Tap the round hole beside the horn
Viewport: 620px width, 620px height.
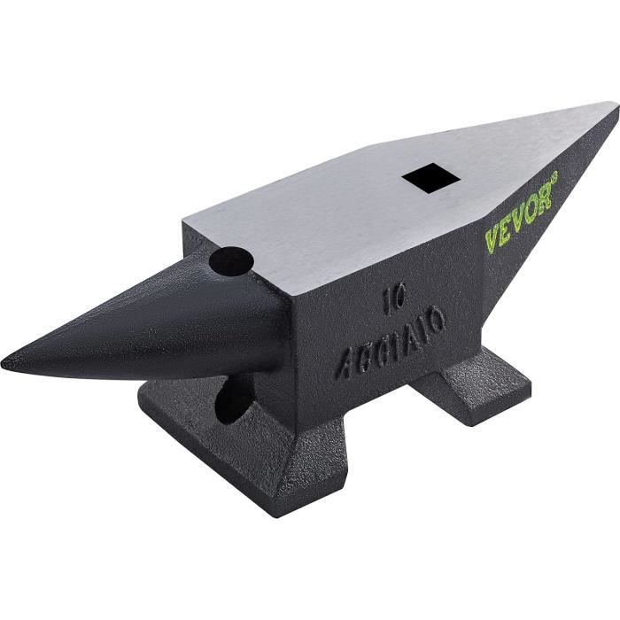pos(232,260)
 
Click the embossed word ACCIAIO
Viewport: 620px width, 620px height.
pos(390,340)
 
